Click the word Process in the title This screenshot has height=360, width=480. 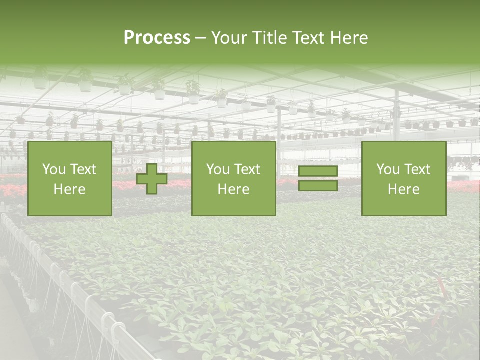pyautogui.click(x=157, y=38)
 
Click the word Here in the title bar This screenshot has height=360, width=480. pyautogui.click(x=350, y=38)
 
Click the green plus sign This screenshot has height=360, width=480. pyautogui.click(x=152, y=179)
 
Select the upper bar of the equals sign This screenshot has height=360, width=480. pyautogui.click(x=318, y=171)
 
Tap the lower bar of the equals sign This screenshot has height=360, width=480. pyautogui.click(x=318, y=186)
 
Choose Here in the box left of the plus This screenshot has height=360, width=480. pyautogui.click(x=69, y=189)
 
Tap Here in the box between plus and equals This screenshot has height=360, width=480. pyautogui.click(x=233, y=189)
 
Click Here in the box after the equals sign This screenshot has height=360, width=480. pyautogui.click(x=403, y=189)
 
